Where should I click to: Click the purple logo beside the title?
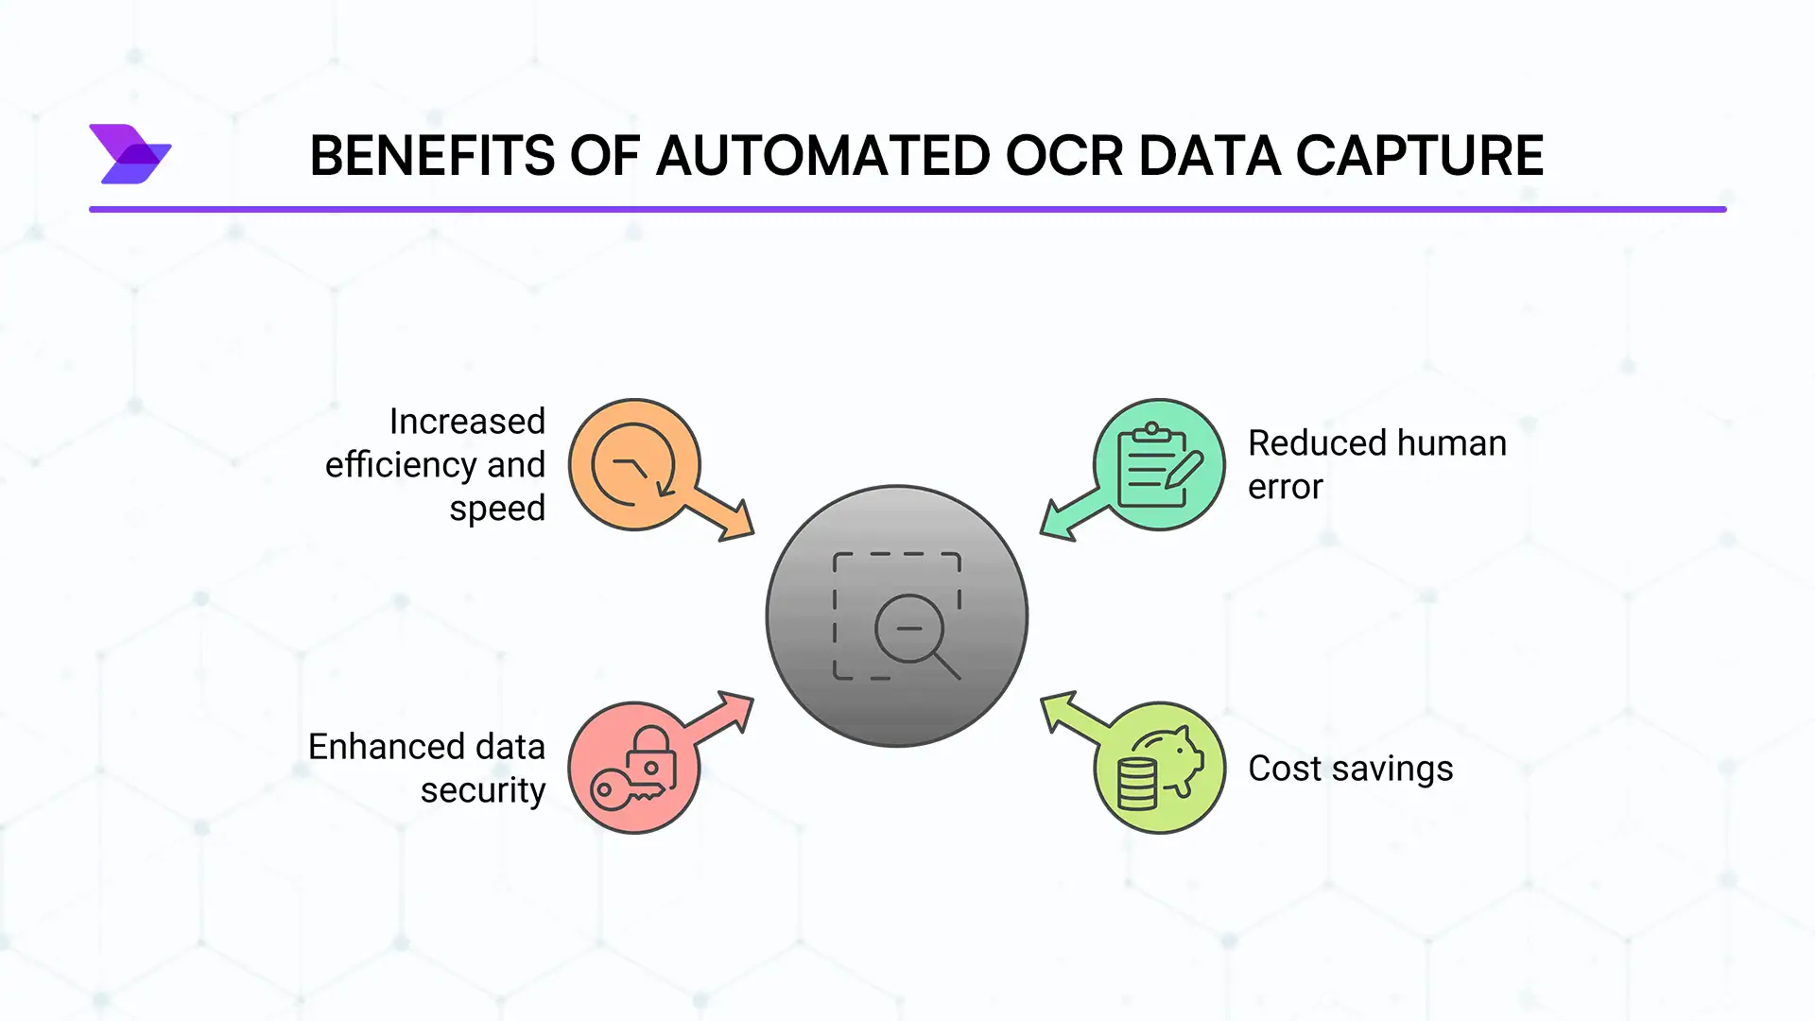point(130,153)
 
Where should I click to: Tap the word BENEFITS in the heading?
point(432,156)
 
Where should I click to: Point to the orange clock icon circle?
point(634,464)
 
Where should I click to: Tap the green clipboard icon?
point(1159,464)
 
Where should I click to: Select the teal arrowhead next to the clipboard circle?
point(1061,520)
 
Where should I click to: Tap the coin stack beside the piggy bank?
point(1136,785)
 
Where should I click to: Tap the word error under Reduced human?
point(1286,487)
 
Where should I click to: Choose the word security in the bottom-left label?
point(483,790)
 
